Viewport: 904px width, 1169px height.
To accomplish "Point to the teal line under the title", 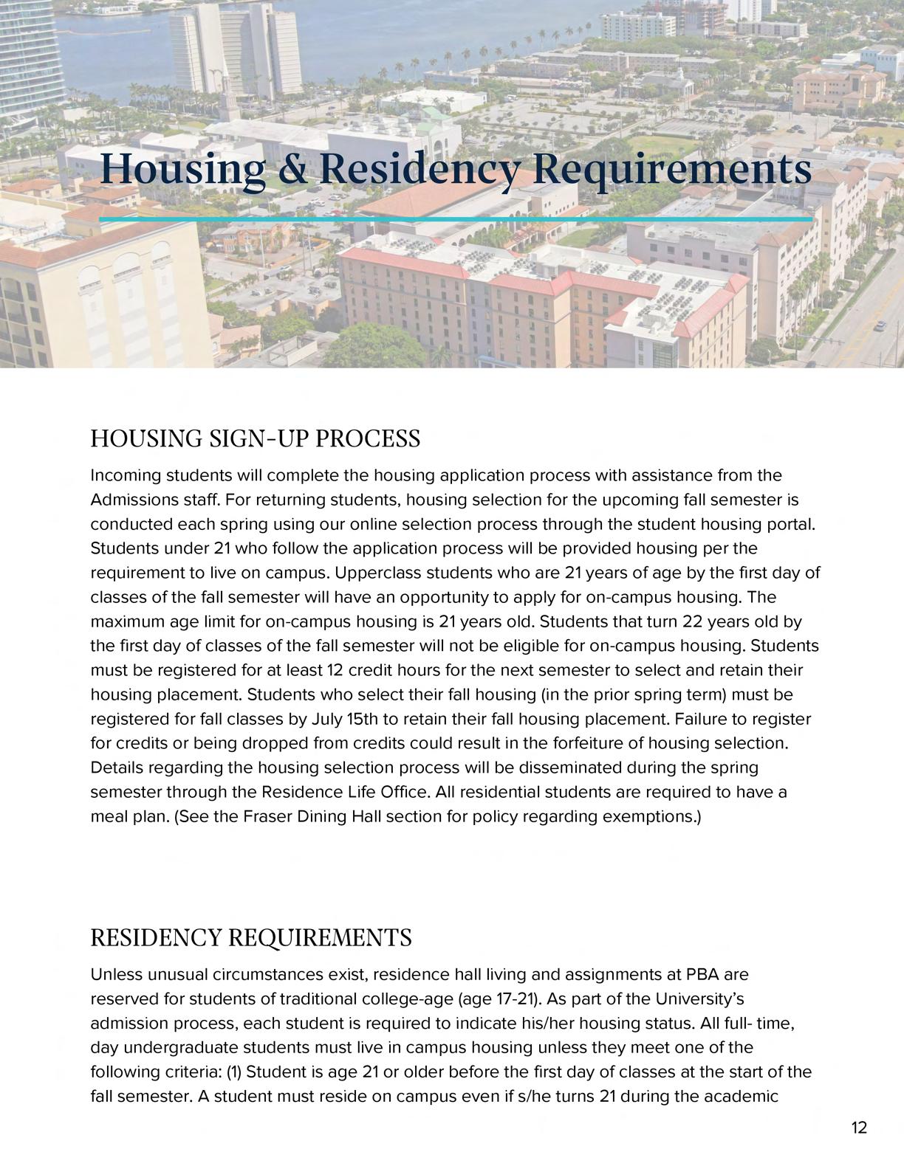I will [456, 219].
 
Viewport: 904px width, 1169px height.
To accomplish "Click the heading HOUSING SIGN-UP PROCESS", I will [255, 438].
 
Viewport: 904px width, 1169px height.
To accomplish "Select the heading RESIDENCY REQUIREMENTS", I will [250, 937].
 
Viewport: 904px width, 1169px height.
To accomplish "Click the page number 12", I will [859, 1128].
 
